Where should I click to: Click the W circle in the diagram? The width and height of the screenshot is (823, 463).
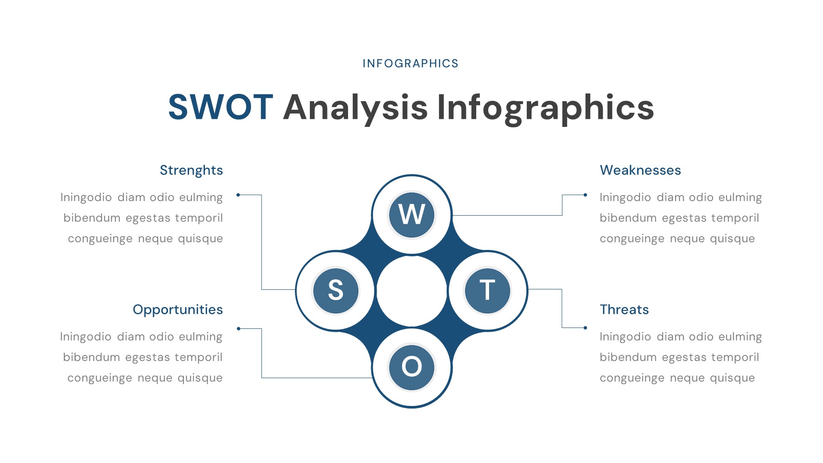pyautogui.click(x=411, y=215)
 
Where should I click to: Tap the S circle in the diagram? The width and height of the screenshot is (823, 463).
pyautogui.click(x=336, y=291)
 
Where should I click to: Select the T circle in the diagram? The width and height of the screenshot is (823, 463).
pyautogui.click(x=487, y=291)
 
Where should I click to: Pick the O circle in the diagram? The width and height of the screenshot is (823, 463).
pyautogui.click(x=411, y=367)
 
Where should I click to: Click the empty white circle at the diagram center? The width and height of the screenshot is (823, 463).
pyautogui.click(x=411, y=291)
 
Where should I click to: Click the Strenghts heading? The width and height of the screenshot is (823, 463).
pyautogui.click(x=191, y=170)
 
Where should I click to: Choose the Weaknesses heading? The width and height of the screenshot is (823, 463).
pyautogui.click(x=640, y=170)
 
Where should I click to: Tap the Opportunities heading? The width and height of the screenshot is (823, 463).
pyautogui.click(x=177, y=310)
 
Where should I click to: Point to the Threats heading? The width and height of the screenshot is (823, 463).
pyautogui.click(x=624, y=310)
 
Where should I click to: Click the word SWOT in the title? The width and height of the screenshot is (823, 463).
pyautogui.click(x=220, y=107)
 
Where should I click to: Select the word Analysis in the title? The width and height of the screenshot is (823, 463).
pyautogui.click(x=355, y=107)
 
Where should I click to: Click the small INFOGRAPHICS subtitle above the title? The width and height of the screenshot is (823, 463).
pyautogui.click(x=411, y=63)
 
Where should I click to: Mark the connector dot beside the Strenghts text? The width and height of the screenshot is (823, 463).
pyautogui.click(x=238, y=195)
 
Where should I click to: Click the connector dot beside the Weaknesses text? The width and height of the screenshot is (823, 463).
pyautogui.click(x=585, y=195)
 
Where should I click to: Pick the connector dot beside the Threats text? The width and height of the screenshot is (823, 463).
pyautogui.click(x=585, y=328)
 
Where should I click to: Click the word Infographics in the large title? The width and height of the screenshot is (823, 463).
pyautogui.click(x=545, y=107)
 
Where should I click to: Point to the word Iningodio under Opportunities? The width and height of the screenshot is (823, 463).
pyautogui.click(x=86, y=337)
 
